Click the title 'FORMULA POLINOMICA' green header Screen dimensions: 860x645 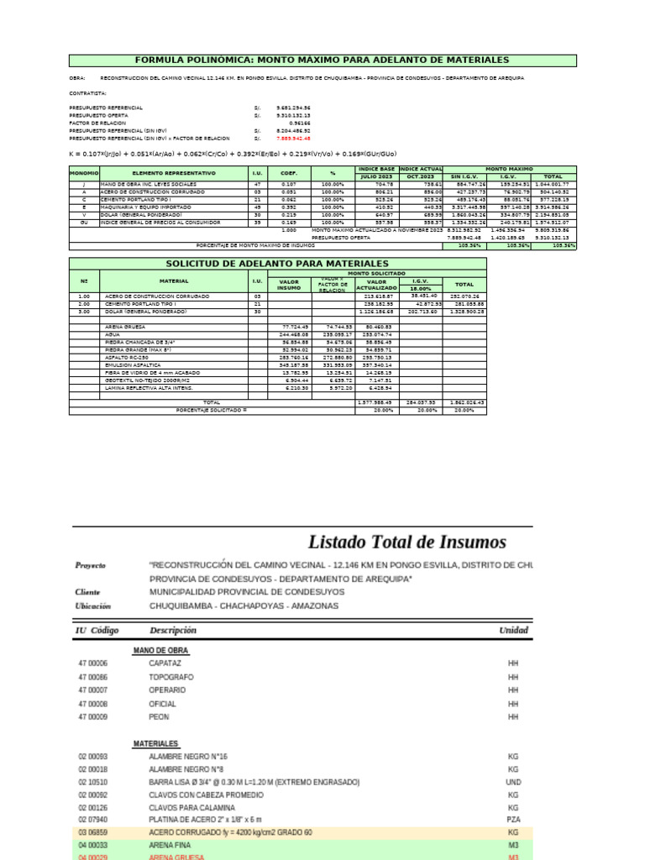pos(322,60)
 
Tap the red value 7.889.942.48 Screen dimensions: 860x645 pos(293,139)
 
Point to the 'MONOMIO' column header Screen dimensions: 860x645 pos(84,172)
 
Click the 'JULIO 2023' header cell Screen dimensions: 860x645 pos(376,176)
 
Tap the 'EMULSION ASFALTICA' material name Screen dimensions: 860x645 pos(134,365)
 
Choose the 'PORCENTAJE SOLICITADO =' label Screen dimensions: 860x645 pos(211,411)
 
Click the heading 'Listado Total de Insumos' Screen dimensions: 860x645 pos(406,541)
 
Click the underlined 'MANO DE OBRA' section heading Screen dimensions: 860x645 pos(160,650)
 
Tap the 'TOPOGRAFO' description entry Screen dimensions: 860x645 pos(171,677)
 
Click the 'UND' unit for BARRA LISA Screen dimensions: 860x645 pos(514,782)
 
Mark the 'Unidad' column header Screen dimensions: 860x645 pos(513,630)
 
